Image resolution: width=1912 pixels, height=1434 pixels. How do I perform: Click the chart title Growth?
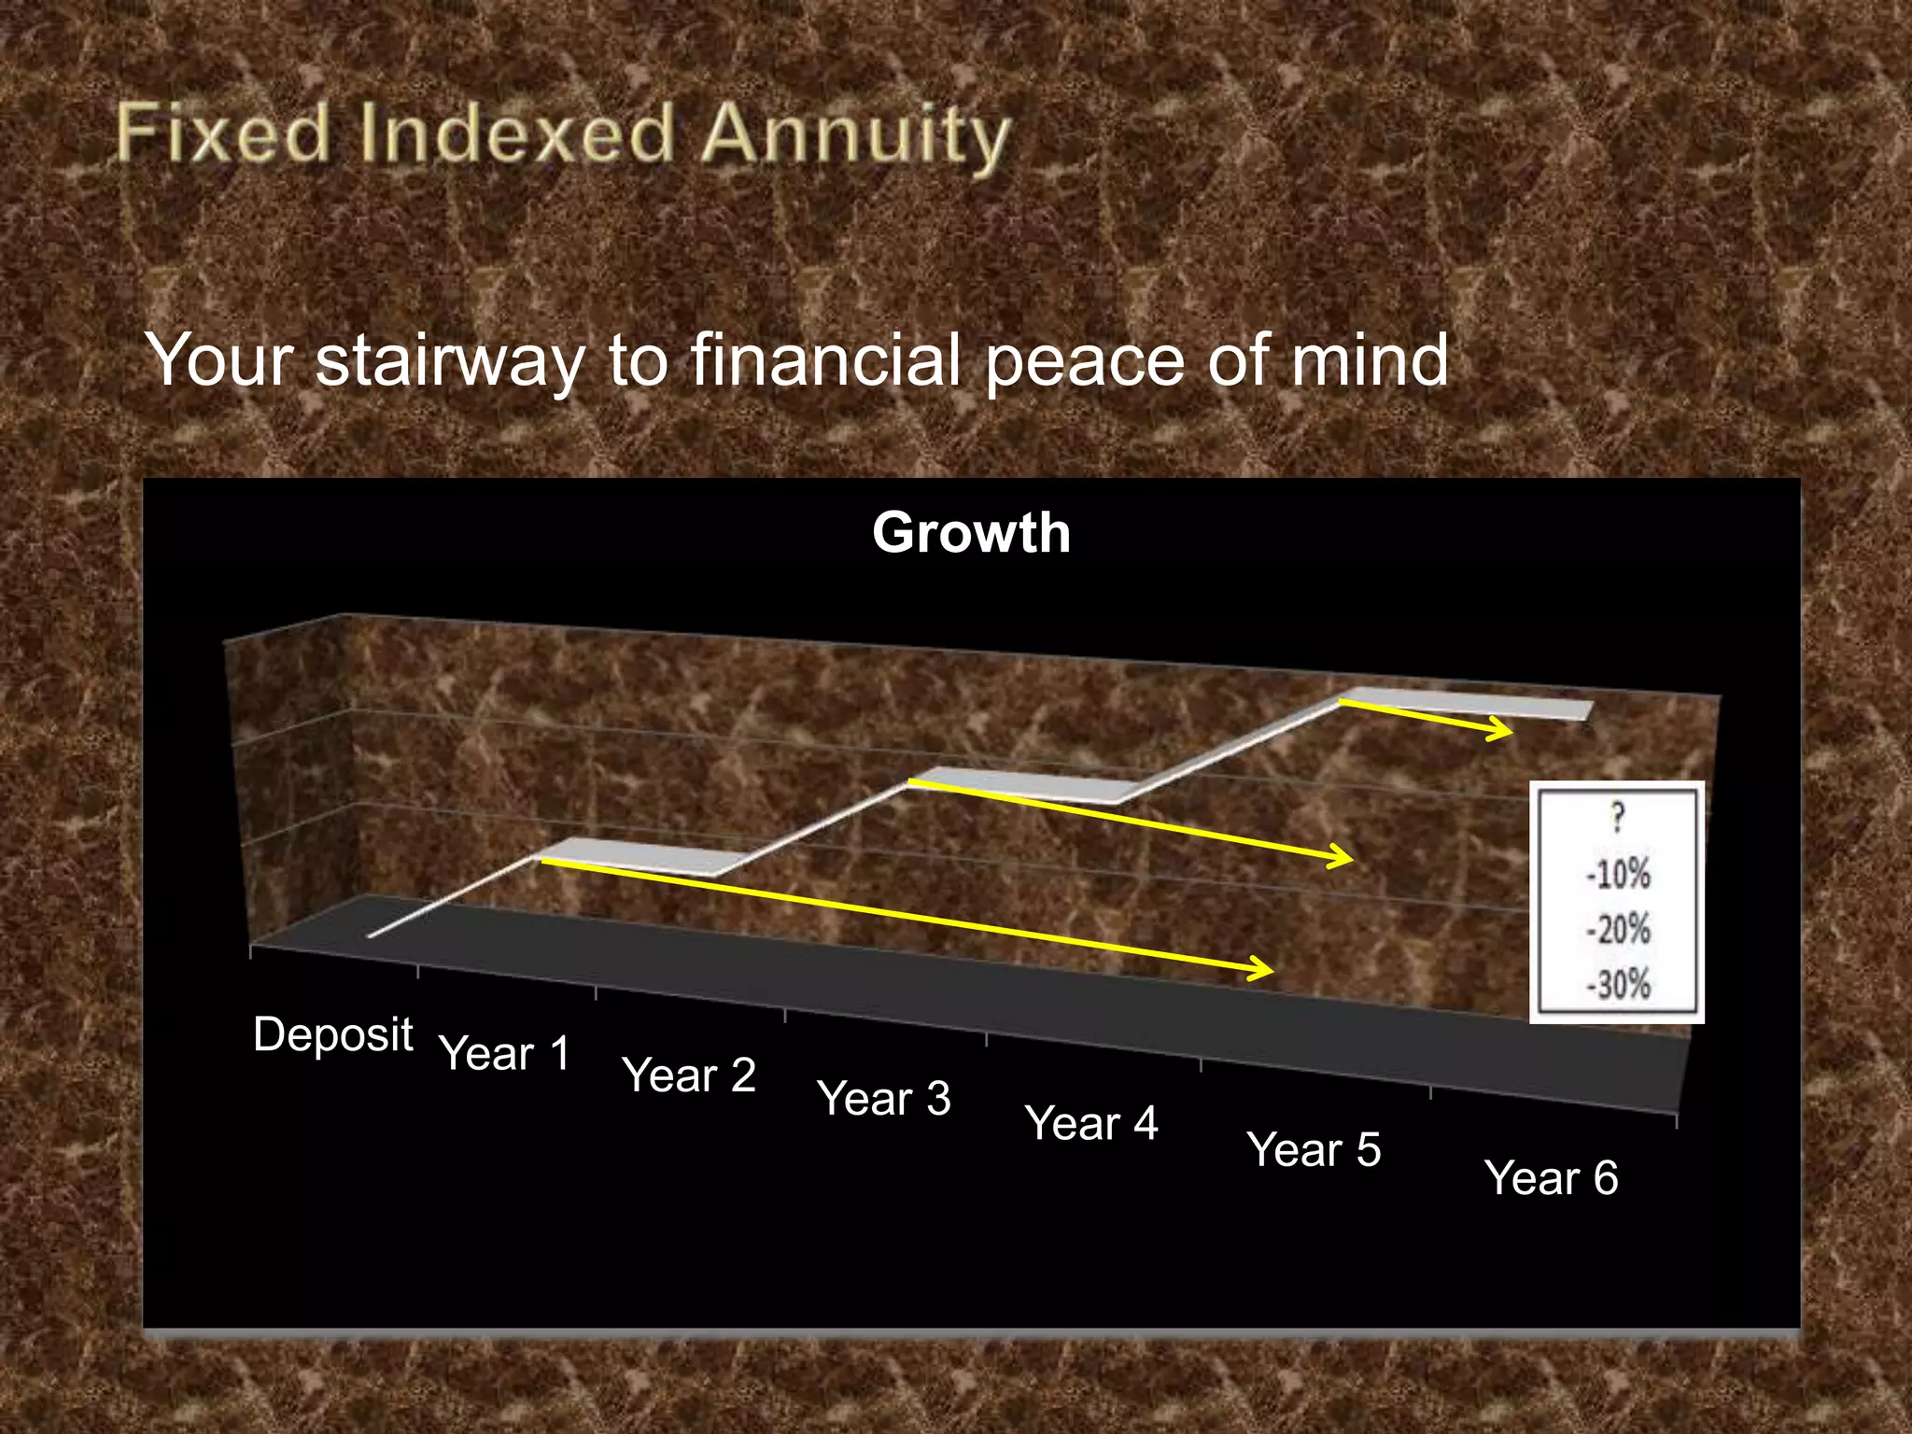click(x=971, y=533)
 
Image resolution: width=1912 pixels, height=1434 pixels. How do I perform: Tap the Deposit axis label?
click(x=332, y=1034)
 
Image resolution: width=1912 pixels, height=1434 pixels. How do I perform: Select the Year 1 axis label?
click(x=504, y=1054)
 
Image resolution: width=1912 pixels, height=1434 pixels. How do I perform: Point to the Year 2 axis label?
click(x=688, y=1075)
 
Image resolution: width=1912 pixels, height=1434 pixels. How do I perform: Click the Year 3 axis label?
click(x=883, y=1098)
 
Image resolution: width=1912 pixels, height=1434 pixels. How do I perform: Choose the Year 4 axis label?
click(x=1090, y=1123)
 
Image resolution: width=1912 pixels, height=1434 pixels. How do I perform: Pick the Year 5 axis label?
click(x=1313, y=1149)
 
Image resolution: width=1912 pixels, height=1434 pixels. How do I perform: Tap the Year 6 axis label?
click(x=1550, y=1177)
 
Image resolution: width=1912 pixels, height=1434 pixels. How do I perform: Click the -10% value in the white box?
click(x=1618, y=875)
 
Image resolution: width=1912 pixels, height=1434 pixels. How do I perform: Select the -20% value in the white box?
click(x=1618, y=930)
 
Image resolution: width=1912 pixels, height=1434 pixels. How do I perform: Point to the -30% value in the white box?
click(x=1618, y=985)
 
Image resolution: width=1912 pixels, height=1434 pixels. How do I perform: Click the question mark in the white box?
click(x=1618, y=818)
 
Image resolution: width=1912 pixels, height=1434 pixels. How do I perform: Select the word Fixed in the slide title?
click(x=224, y=133)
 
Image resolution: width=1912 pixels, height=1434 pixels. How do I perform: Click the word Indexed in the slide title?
click(x=516, y=133)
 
